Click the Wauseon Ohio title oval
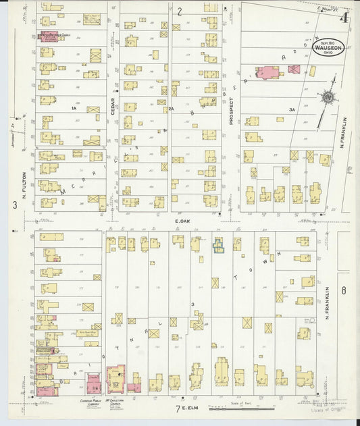(x=329, y=47)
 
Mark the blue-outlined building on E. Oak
(x=219, y=246)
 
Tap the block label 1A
(x=74, y=108)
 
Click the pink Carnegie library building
(x=94, y=384)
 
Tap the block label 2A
(x=172, y=108)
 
